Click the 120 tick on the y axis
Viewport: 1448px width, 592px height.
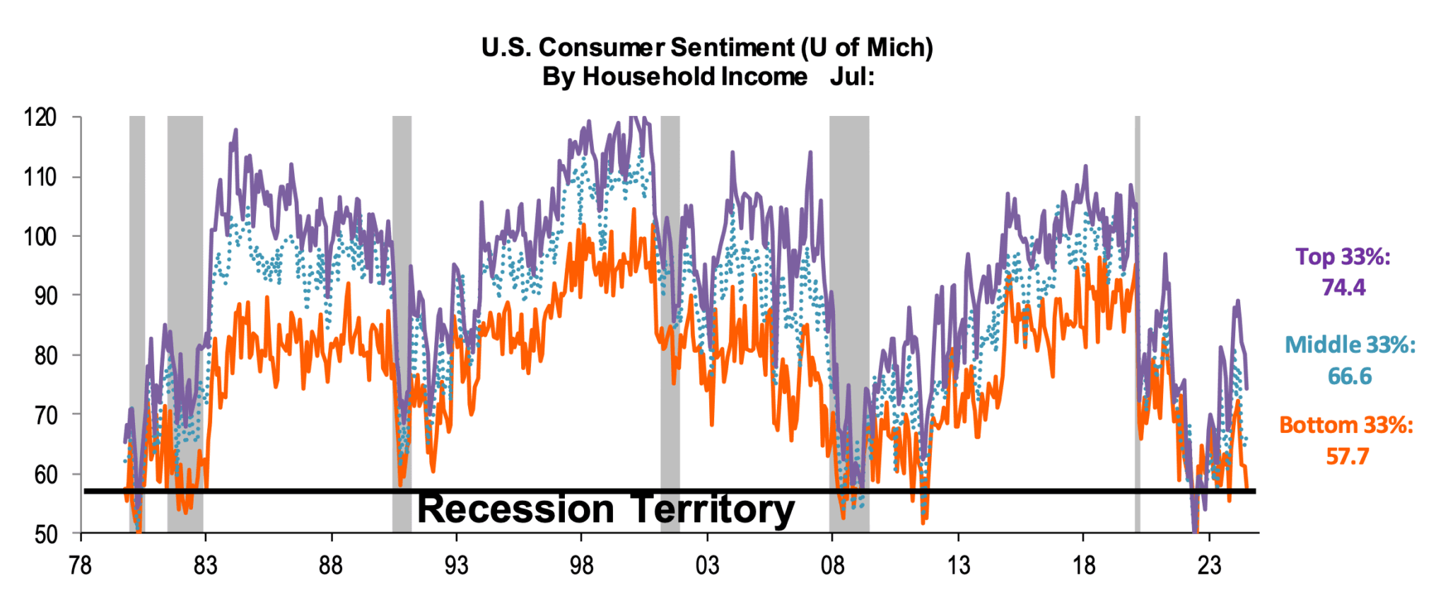point(40,117)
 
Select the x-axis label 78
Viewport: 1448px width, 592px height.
point(80,566)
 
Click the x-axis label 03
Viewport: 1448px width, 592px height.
point(706,566)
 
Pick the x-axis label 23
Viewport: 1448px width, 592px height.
point(1208,566)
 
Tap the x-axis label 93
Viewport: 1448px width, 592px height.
point(455,566)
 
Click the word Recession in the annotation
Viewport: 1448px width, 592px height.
point(515,510)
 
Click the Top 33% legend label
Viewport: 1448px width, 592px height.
point(1342,257)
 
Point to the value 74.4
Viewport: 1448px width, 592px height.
point(1343,288)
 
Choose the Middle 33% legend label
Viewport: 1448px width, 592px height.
point(1349,345)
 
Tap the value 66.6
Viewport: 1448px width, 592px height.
point(1349,376)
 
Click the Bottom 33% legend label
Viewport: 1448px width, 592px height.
point(1345,425)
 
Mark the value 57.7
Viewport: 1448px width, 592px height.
point(1347,456)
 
